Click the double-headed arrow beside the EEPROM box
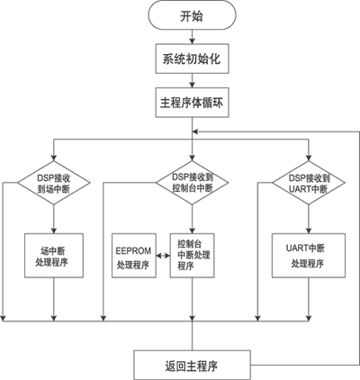[163, 256]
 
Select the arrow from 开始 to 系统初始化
[192, 37]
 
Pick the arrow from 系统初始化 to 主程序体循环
[192, 80]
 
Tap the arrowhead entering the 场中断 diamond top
[54, 158]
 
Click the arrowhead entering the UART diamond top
[309, 158]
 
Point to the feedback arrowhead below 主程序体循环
[195, 131]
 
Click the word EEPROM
[133, 250]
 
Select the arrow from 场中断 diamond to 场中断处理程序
[54, 219]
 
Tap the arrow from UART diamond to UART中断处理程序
[309, 219]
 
